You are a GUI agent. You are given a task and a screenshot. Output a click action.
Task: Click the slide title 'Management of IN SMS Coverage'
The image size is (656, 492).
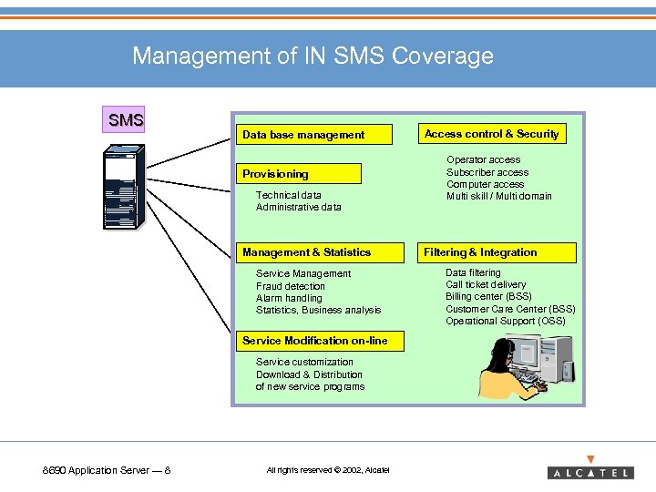(x=313, y=56)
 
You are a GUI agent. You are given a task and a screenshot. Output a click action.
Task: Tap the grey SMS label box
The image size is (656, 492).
(x=126, y=119)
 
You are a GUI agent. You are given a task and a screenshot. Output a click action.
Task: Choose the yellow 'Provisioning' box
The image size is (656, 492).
(x=300, y=174)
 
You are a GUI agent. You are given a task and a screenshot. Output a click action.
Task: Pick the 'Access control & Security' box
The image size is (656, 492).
(x=491, y=134)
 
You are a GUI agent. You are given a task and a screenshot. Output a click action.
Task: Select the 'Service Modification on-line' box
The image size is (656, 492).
(x=314, y=341)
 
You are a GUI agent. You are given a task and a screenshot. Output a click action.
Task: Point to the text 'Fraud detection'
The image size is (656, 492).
(x=290, y=286)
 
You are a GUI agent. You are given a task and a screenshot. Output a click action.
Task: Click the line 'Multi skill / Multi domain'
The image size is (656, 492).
(x=498, y=196)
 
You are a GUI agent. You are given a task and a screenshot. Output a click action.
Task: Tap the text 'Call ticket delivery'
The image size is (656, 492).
(x=486, y=284)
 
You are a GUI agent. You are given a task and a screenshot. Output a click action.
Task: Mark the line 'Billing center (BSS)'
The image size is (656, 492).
(x=488, y=296)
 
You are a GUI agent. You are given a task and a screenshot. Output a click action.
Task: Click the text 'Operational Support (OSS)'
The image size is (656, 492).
(x=505, y=321)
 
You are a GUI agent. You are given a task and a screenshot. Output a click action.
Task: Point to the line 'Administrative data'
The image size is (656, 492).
(x=298, y=207)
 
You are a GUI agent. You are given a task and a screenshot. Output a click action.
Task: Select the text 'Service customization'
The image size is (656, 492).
(x=304, y=362)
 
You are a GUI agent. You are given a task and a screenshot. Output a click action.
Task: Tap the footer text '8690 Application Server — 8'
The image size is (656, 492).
(x=107, y=470)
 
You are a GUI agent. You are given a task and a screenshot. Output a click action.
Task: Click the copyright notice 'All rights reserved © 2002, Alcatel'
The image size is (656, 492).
(x=327, y=470)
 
